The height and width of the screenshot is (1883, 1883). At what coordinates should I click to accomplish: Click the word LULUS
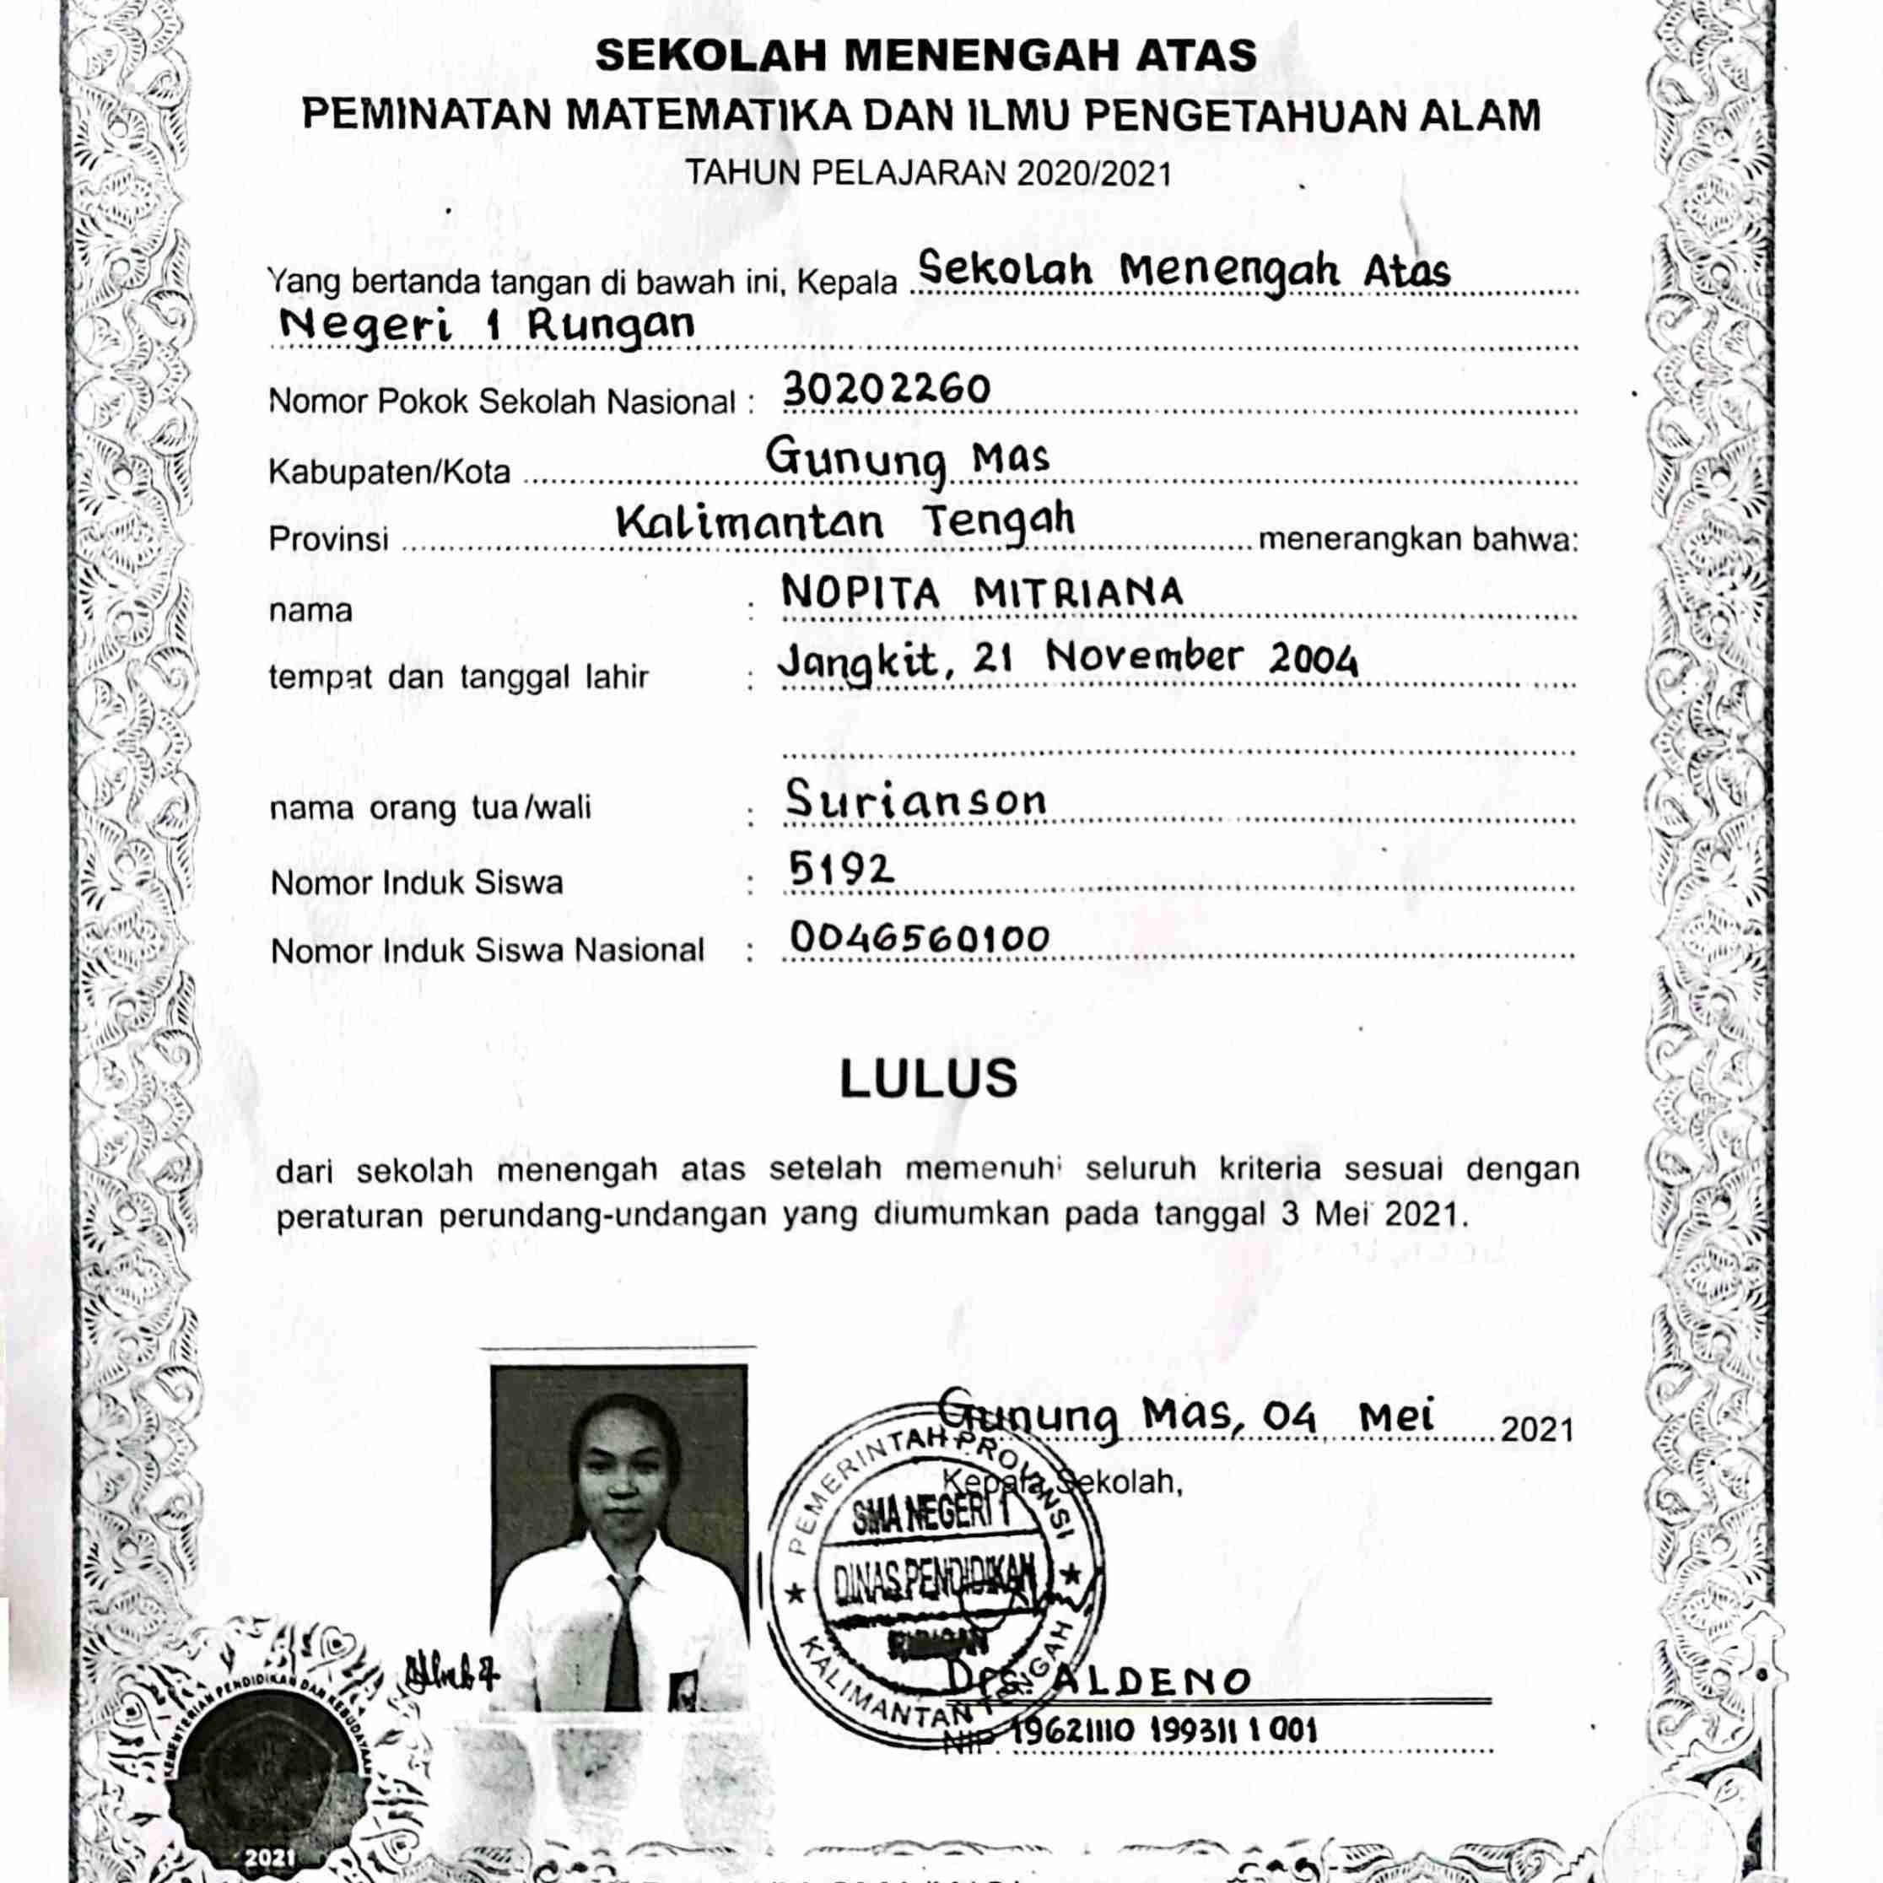(929, 1078)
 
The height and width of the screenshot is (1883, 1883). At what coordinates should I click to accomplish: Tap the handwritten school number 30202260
(886, 390)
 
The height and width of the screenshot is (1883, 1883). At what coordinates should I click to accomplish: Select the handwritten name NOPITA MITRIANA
(981, 594)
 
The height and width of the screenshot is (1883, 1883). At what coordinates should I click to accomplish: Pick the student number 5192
(841, 867)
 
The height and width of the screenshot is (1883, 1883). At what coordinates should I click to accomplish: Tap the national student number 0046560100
(919, 937)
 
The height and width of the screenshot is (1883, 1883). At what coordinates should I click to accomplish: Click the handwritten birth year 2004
(1313, 661)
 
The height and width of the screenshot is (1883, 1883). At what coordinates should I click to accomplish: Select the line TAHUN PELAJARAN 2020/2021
(928, 174)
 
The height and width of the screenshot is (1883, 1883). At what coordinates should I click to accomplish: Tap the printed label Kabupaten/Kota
(389, 472)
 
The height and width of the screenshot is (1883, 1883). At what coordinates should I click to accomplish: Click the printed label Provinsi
(328, 539)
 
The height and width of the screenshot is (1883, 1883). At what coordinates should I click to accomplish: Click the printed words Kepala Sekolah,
(1062, 1482)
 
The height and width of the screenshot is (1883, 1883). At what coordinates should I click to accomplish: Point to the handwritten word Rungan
(611, 326)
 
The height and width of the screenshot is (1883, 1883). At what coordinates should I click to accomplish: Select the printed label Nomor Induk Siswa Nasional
(488, 950)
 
